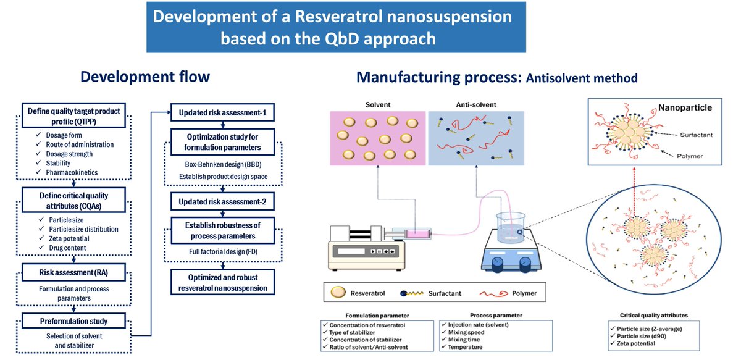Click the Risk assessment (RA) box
tap(73, 272)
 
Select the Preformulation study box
tap(73, 321)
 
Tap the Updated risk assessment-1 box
tap(223, 112)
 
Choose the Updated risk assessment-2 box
tap(223, 201)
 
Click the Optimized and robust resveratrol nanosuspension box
tap(223, 282)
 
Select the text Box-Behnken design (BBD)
tap(223, 164)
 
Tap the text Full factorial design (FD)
tap(223, 251)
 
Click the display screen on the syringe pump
tap(351, 251)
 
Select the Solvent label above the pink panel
tap(378, 104)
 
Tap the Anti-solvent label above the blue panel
tap(476, 104)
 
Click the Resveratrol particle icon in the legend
tap(338, 292)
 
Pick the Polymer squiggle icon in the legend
tap(493, 293)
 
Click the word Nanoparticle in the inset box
tap(685, 107)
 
